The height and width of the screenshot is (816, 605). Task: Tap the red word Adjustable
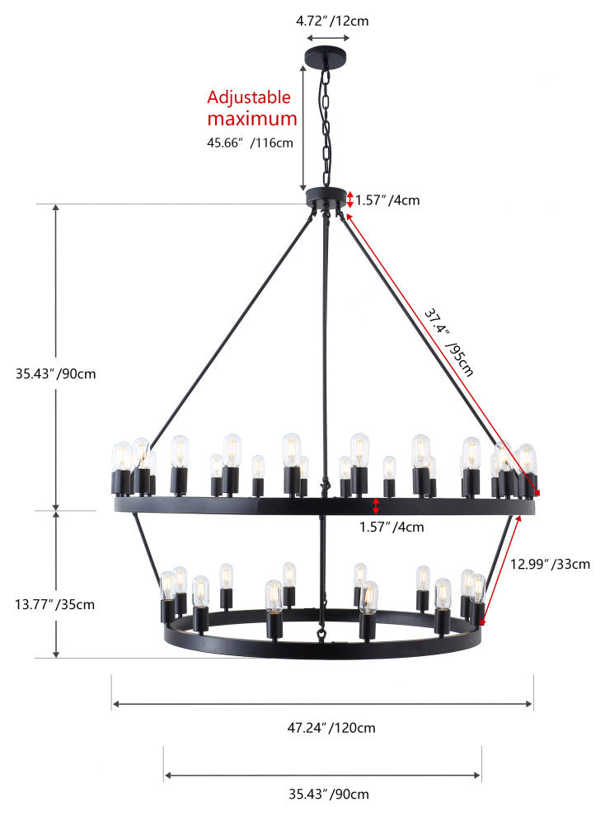click(249, 97)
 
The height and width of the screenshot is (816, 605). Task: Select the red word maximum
click(251, 119)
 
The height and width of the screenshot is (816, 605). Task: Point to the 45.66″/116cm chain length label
click(250, 142)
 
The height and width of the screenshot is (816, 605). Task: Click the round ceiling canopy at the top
click(326, 58)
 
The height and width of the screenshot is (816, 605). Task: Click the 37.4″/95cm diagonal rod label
click(449, 341)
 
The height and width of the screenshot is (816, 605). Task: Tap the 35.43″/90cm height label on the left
click(56, 373)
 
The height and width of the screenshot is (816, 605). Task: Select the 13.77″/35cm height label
click(55, 604)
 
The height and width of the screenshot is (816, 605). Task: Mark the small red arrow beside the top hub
click(349, 199)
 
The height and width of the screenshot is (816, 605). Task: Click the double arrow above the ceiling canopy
click(327, 38)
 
